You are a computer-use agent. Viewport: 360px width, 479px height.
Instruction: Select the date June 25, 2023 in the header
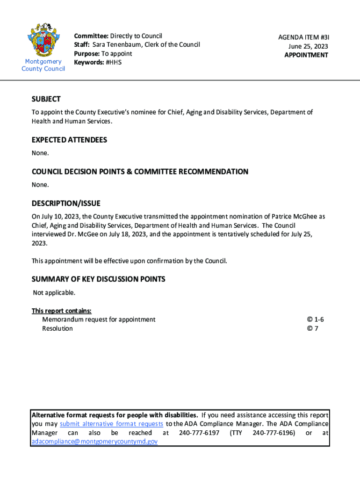308,46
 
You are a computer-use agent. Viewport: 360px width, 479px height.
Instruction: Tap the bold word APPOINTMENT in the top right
306,55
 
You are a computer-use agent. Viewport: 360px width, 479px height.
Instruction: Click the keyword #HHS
113,62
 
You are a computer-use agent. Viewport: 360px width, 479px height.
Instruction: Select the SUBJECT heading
46,99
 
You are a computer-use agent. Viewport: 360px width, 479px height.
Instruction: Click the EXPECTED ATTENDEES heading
69,140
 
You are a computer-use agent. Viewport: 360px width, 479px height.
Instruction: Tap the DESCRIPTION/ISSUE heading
66,203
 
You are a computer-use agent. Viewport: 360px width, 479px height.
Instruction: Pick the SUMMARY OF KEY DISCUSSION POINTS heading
98,279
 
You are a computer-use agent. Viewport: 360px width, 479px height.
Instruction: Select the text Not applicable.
54,293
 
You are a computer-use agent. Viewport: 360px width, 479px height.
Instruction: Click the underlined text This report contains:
61,311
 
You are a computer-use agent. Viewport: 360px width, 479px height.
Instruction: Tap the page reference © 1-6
315,319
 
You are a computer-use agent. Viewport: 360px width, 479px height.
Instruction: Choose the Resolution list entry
58,328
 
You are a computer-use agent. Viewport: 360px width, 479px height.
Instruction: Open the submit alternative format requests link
111,424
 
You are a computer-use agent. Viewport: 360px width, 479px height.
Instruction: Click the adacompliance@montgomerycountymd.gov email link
94,441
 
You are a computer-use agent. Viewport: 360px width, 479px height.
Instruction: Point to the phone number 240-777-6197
199,433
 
